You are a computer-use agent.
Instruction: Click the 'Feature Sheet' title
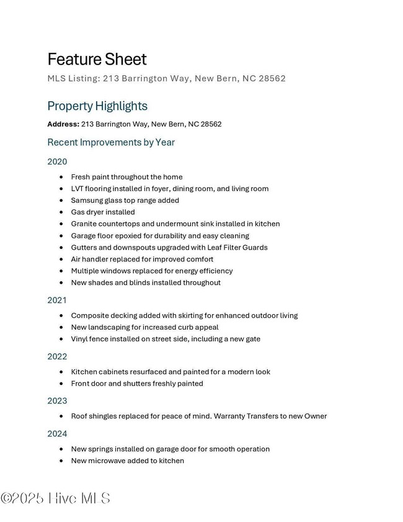tap(97, 60)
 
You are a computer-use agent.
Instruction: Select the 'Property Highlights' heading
tap(97, 106)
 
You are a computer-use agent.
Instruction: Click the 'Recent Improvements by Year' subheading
tap(111, 142)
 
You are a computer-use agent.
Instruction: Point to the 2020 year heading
tap(57, 162)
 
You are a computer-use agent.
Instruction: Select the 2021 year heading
tap(57, 300)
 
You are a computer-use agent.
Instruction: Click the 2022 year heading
tap(57, 357)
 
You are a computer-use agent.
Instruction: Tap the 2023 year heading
tap(57, 401)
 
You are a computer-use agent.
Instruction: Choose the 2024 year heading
tap(57, 434)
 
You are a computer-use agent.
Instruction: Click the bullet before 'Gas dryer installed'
tap(61, 212)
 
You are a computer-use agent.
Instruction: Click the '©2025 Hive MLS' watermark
tap(55, 498)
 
